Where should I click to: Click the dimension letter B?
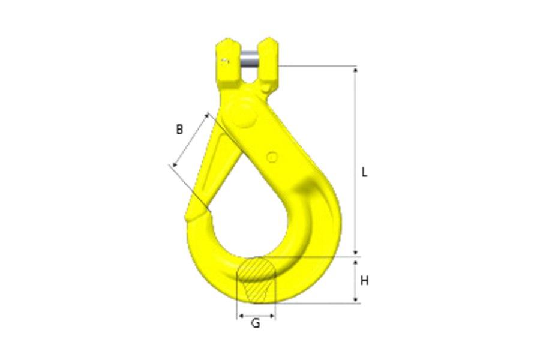pyautogui.click(x=179, y=128)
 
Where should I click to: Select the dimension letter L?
pyautogui.click(x=364, y=172)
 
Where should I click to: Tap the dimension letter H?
pyautogui.click(x=364, y=280)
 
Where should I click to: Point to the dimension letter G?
pyautogui.click(x=256, y=323)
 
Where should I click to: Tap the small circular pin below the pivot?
pyautogui.click(x=272, y=157)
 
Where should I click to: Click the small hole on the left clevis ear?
pyautogui.click(x=225, y=61)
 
